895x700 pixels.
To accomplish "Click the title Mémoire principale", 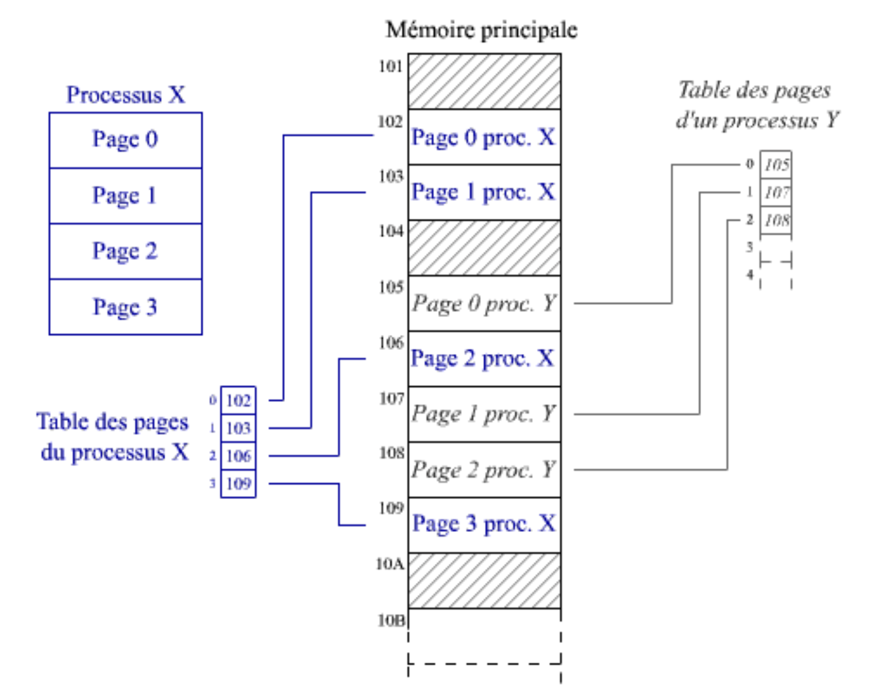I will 481,30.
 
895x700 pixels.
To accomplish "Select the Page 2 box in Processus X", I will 125,251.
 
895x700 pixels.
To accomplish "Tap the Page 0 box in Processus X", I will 125,140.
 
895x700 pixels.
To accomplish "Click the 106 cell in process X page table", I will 239,456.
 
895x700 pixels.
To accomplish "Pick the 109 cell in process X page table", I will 239,483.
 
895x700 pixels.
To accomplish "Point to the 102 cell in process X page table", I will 239,400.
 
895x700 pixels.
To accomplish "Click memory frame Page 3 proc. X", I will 484,525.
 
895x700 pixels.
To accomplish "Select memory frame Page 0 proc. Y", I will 484,304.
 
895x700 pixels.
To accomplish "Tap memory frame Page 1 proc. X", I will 484,192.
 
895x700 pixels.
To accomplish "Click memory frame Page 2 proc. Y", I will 484,470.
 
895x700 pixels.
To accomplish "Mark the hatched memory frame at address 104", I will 484,248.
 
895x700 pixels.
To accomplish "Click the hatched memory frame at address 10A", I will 484,581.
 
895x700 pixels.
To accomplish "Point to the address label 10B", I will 391,620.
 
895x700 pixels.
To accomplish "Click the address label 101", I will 391,66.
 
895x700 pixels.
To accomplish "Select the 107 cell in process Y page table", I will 776,193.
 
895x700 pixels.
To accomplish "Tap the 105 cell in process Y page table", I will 776,165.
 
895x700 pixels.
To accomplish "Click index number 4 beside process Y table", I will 750,275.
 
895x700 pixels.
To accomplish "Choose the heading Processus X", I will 125,95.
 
